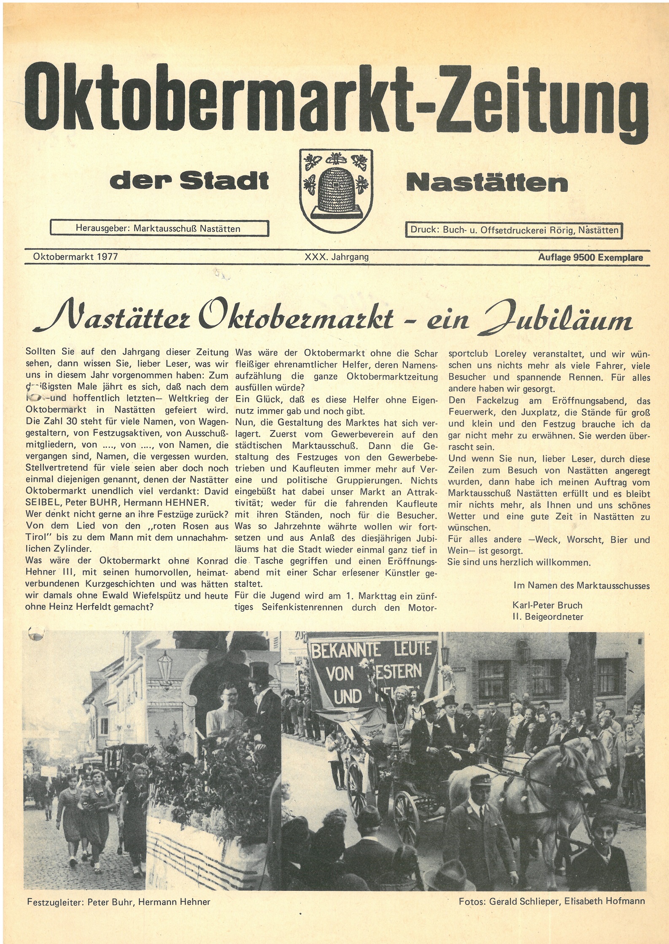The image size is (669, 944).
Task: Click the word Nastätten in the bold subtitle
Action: (487, 183)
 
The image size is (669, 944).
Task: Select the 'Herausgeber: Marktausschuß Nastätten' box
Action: (159, 229)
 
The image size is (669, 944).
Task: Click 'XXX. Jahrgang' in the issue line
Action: (337, 256)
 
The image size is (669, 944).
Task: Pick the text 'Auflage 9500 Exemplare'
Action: (590, 257)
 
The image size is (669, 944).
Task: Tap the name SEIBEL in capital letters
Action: (41, 503)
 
